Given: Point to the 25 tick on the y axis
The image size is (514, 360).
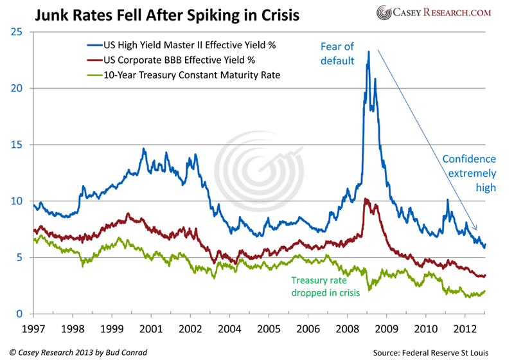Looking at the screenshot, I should (19, 32).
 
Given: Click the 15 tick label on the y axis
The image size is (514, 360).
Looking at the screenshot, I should (19, 145).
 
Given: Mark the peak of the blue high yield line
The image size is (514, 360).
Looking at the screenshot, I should (369, 52).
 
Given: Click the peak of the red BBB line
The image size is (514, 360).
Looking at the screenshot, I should (365, 199).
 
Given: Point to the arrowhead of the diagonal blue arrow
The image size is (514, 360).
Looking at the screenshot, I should (477, 230).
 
